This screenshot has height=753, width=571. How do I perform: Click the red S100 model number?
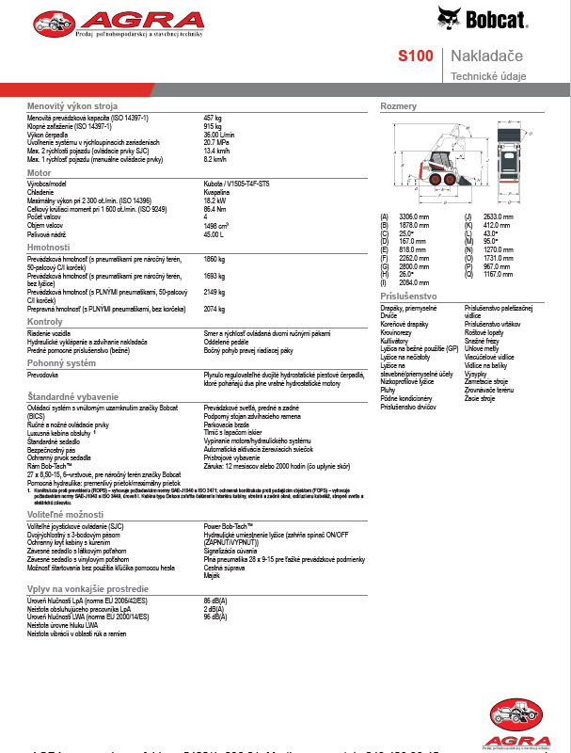coord(416,56)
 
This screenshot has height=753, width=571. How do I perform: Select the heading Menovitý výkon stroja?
coord(72,105)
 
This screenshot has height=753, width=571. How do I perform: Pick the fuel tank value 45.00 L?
coord(217,234)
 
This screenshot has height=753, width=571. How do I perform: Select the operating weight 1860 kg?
coord(214,258)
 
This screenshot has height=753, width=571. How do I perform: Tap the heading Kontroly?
coord(45,322)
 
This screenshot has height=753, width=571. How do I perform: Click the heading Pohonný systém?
coord(61,362)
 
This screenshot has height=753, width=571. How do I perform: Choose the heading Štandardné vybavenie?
coord(72,396)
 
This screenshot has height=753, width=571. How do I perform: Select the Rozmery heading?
coord(398,105)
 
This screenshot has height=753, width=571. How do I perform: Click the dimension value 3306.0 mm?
coord(414,217)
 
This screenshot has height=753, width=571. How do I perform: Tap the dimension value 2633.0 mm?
coord(498,217)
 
